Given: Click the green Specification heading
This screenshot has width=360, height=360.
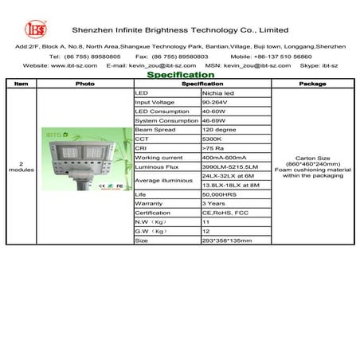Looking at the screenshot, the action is point(181,74).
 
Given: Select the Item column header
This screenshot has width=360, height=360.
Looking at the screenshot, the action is point(22,83).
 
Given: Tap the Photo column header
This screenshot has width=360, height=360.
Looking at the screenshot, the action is point(84,83).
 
